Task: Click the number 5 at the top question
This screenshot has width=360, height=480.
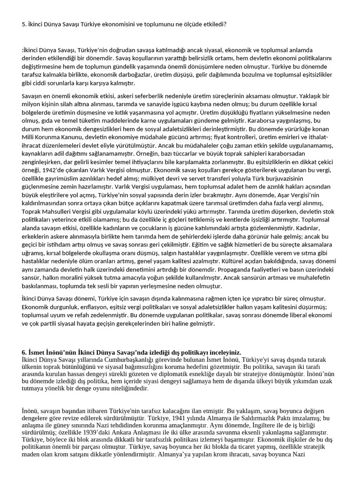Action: pyautogui.click(x=23, y=23)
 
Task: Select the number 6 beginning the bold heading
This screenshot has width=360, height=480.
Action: pyautogui.click(x=24, y=352)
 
